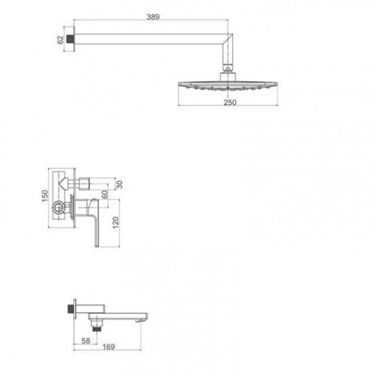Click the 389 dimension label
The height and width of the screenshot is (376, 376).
click(153, 17)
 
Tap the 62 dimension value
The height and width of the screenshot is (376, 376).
click(60, 40)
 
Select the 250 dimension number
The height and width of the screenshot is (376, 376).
click(230, 102)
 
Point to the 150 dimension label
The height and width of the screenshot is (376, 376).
click(45, 196)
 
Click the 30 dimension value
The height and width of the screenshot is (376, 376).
click(120, 185)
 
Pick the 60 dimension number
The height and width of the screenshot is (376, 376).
click(105, 194)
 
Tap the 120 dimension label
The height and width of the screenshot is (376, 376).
click(116, 223)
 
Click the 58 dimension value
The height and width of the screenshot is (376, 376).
click(86, 341)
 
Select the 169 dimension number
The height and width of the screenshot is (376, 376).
click(108, 347)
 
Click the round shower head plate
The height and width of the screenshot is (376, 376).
click(228, 86)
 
